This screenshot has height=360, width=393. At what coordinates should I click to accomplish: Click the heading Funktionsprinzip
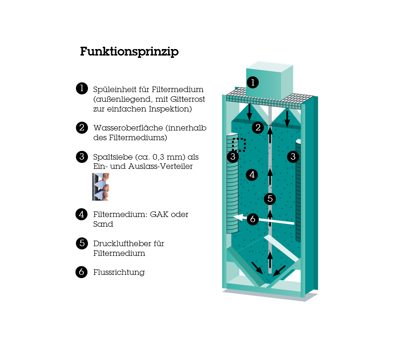click(129, 52)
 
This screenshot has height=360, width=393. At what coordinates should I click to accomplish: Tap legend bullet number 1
click(82, 88)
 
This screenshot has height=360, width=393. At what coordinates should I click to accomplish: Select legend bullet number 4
click(82, 214)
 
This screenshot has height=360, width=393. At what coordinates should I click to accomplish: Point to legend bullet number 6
click(82, 272)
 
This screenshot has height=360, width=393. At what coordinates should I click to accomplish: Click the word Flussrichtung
click(119, 273)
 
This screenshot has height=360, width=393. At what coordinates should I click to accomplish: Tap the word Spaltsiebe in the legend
click(113, 157)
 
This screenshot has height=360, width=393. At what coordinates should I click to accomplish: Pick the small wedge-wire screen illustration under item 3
click(101, 186)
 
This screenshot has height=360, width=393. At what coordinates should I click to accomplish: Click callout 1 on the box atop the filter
click(253, 82)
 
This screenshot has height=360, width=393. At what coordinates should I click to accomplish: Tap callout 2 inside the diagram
click(258, 128)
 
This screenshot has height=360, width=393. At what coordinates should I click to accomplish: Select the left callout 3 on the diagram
click(233, 156)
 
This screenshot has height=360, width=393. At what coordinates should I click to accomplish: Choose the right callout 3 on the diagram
click(293, 156)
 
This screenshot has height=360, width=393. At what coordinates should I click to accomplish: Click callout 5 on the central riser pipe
click(270, 199)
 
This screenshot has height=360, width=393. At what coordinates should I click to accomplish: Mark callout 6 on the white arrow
click(253, 219)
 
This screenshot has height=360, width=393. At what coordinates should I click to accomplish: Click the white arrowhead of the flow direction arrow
click(238, 217)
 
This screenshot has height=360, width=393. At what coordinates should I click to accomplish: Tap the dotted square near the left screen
click(238, 145)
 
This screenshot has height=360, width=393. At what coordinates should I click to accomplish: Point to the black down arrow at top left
click(250, 112)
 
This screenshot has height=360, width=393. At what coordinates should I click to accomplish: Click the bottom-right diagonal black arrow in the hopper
click(279, 271)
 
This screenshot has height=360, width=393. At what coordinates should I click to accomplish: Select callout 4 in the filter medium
click(252, 174)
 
